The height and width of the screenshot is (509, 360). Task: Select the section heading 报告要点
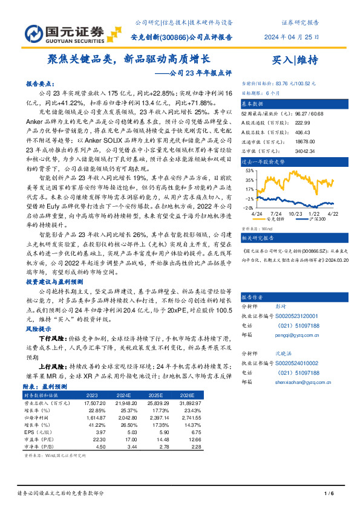pos(42,85)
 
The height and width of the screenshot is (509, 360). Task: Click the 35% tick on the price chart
pos(249,180)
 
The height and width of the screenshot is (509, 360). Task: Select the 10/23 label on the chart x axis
pos(295,214)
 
